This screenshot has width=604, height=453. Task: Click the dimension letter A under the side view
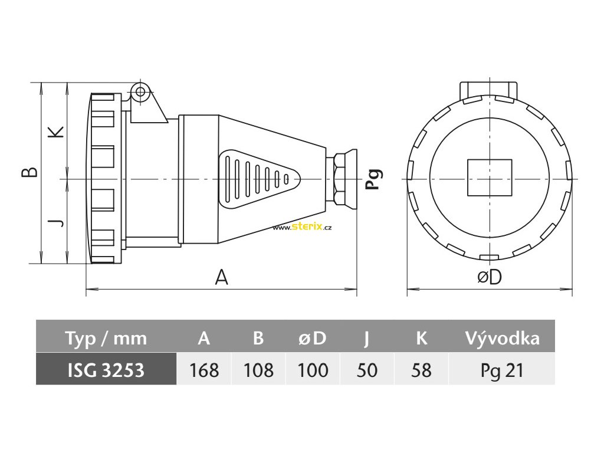pos(221,277)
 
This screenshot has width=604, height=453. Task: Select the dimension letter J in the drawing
pos(55,222)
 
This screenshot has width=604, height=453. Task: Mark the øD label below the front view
pos(489,277)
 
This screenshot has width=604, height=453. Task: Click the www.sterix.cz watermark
pos(302,228)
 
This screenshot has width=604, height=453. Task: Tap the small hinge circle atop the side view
pos(140,92)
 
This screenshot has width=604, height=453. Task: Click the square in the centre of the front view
pos(490,178)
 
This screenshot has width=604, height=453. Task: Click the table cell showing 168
pos(204,370)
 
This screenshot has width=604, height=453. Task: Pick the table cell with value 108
pos(258,370)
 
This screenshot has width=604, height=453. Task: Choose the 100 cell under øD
pos(313,370)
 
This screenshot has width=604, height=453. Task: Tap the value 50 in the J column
pos(367,370)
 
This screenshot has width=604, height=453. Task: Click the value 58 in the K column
pos(421,370)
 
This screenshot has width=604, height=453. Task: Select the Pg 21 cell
pos(502,370)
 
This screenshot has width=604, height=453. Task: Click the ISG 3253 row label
pos(106,370)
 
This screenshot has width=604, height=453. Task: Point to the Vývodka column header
pos(502,338)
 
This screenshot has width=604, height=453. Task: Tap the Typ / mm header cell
pos(106,338)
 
